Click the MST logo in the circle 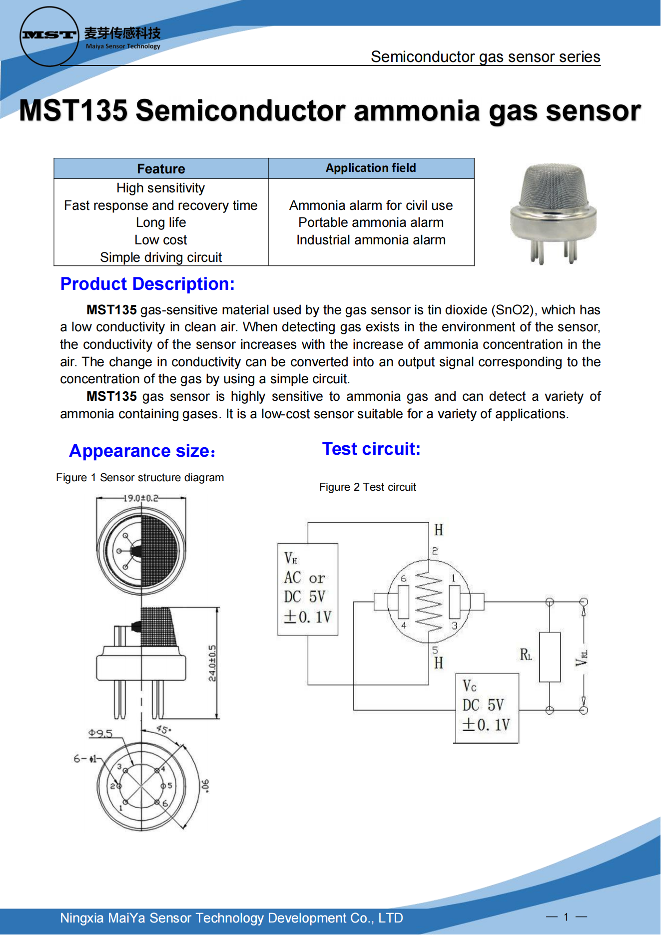coord(49,35)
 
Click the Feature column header coord(161,169)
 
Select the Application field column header coord(371,168)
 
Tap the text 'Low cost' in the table coord(161,240)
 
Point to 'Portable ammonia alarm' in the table coord(371,222)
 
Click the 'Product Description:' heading coord(147,284)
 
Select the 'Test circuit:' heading coord(371,449)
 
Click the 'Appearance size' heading coord(142,451)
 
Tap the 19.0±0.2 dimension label coord(141,498)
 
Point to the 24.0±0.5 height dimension coord(212,663)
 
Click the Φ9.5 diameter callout coord(100,733)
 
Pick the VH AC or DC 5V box coord(308,589)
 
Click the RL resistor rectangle coord(550,657)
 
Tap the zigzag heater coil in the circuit coord(429,601)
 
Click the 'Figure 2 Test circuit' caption coord(368,487)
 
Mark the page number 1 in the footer coord(566,917)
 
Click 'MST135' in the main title coord(73,110)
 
